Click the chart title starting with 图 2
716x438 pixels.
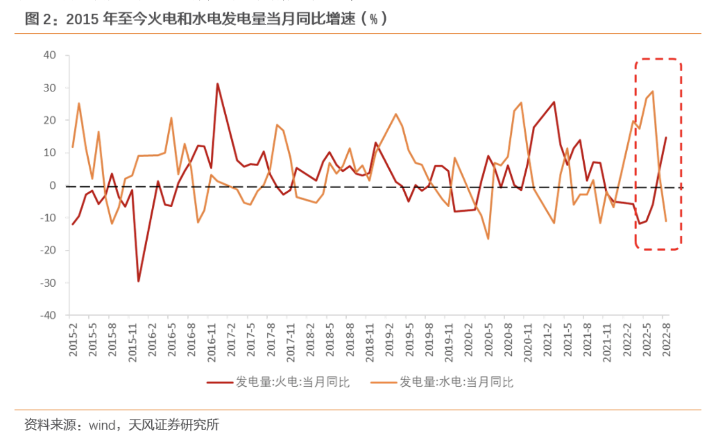point(205,19)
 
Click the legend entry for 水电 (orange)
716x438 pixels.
point(456,382)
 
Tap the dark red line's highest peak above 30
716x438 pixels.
point(217,84)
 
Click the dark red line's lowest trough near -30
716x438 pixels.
point(138,281)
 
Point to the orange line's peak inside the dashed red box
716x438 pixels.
point(652,91)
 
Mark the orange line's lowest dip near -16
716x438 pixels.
point(488,238)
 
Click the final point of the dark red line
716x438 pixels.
point(666,137)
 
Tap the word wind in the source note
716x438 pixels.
point(101,425)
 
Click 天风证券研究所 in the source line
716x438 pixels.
point(174,425)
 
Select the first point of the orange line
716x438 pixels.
point(72,147)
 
